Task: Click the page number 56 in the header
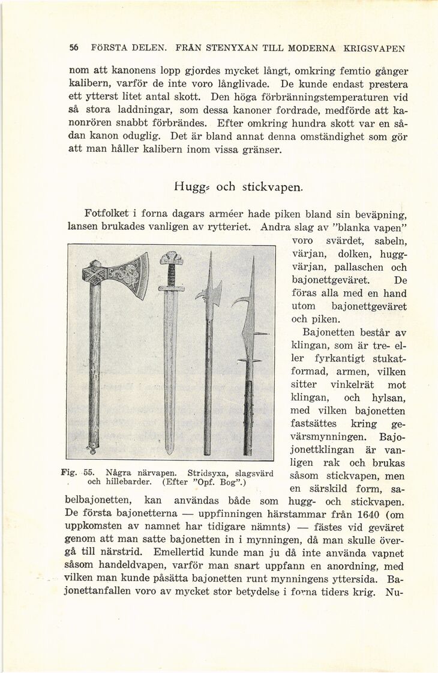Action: click(x=74, y=48)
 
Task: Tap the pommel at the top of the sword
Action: click(x=171, y=258)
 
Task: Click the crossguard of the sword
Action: click(x=171, y=288)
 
